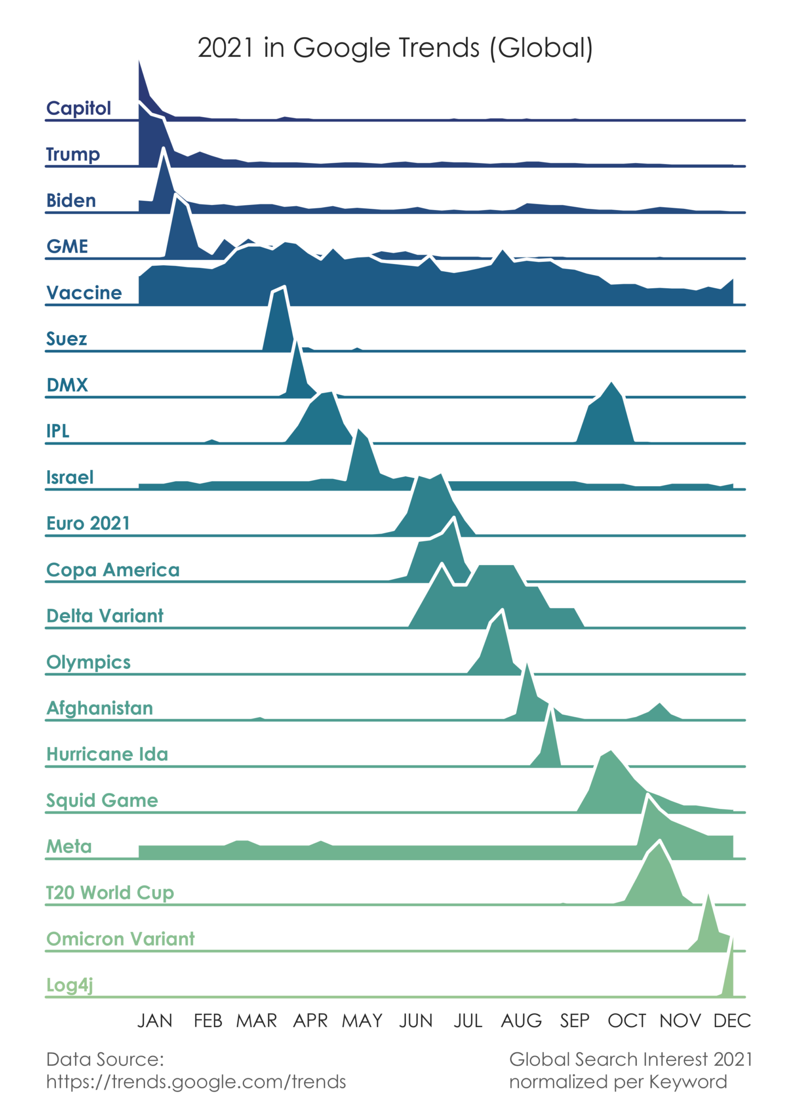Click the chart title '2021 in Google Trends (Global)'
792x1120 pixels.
click(395, 48)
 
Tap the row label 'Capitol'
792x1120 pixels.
click(78, 108)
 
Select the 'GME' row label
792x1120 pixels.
click(67, 247)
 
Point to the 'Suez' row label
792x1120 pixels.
click(66, 339)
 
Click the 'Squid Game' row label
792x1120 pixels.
click(102, 801)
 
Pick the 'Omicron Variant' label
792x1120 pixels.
click(120, 939)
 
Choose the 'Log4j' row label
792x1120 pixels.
click(69, 985)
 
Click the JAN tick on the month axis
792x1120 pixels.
click(155, 1021)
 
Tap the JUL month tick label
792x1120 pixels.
click(468, 1021)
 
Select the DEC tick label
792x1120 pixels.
click(732, 1021)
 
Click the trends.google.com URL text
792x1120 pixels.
click(196, 1082)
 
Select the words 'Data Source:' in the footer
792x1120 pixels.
click(105, 1059)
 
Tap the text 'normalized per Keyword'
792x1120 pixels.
click(618, 1082)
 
